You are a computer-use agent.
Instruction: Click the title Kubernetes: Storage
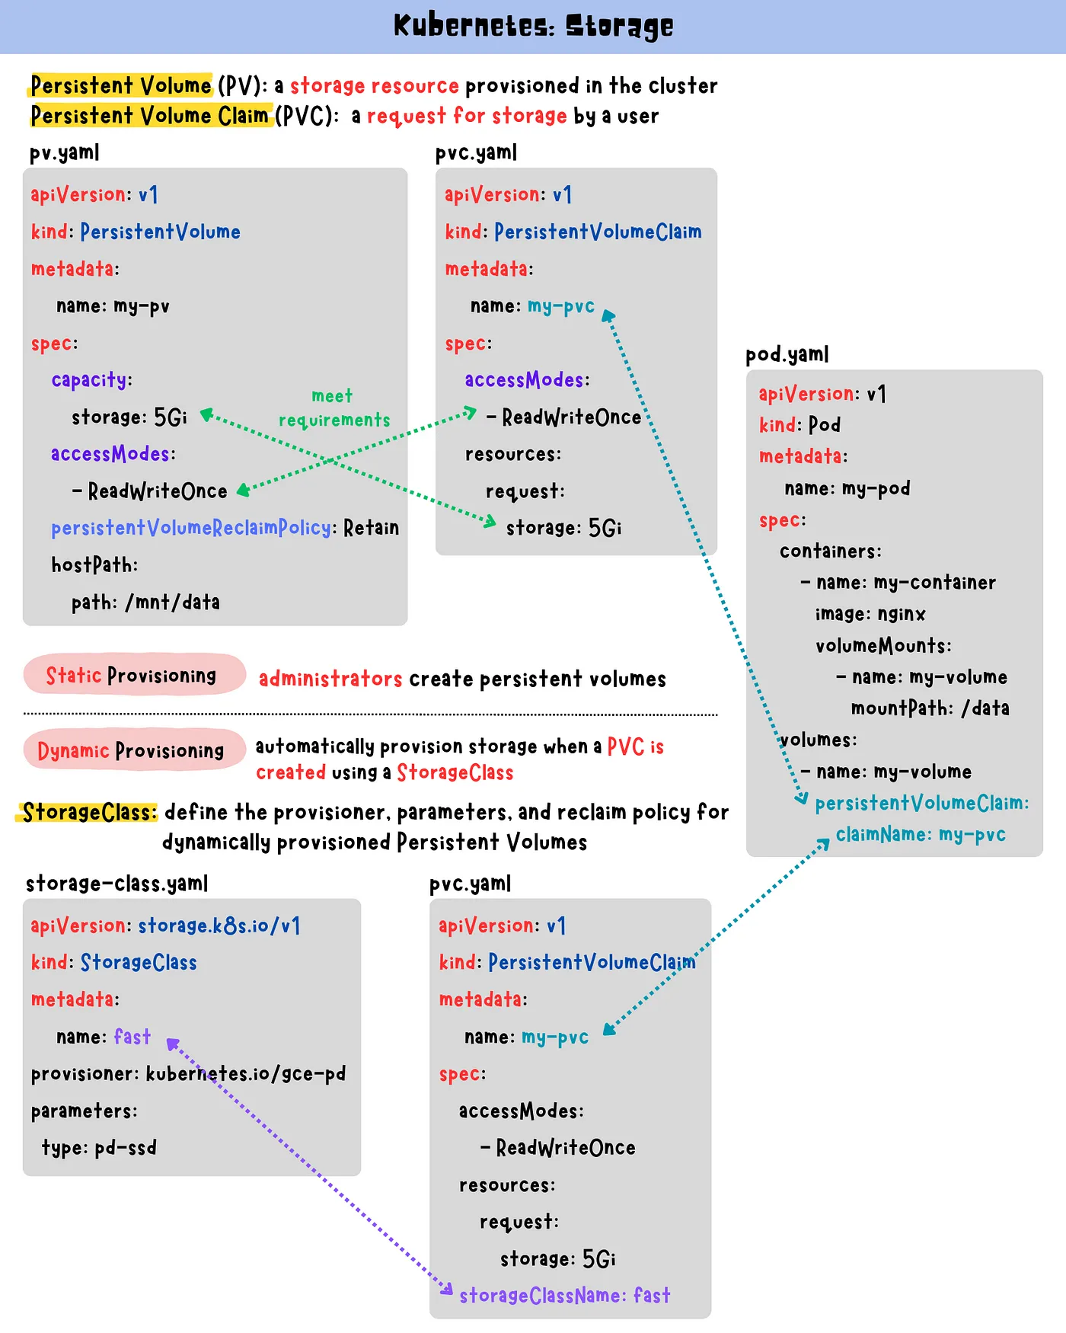click(533, 26)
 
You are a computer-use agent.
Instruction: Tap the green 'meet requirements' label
click(334, 408)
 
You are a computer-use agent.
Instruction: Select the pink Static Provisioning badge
click(134, 675)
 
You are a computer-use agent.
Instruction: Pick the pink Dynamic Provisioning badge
click(134, 750)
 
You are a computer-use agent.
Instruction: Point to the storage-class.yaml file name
click(116, 884)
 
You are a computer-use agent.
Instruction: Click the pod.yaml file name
click(787, 355)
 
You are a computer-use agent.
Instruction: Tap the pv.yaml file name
click(64, 153)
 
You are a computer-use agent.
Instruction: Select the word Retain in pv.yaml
click(371, 528)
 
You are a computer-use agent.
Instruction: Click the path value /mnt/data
click(173, 603)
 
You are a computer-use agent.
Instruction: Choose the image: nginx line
click(870, 614)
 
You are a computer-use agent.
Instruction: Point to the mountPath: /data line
click(930, 708)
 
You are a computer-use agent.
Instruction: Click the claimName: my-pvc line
click(921, 835)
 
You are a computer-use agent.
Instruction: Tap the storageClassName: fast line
click(565, 1296)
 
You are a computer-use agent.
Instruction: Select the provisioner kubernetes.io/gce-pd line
click(188, 1074)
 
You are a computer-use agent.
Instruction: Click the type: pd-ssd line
click(99, 1148)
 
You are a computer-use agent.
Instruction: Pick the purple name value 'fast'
click(132, 1037)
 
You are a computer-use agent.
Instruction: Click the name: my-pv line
click(113, 306)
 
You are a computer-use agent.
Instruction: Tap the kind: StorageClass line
click(114, 963)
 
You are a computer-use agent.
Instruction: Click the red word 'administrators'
click(330, 679)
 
